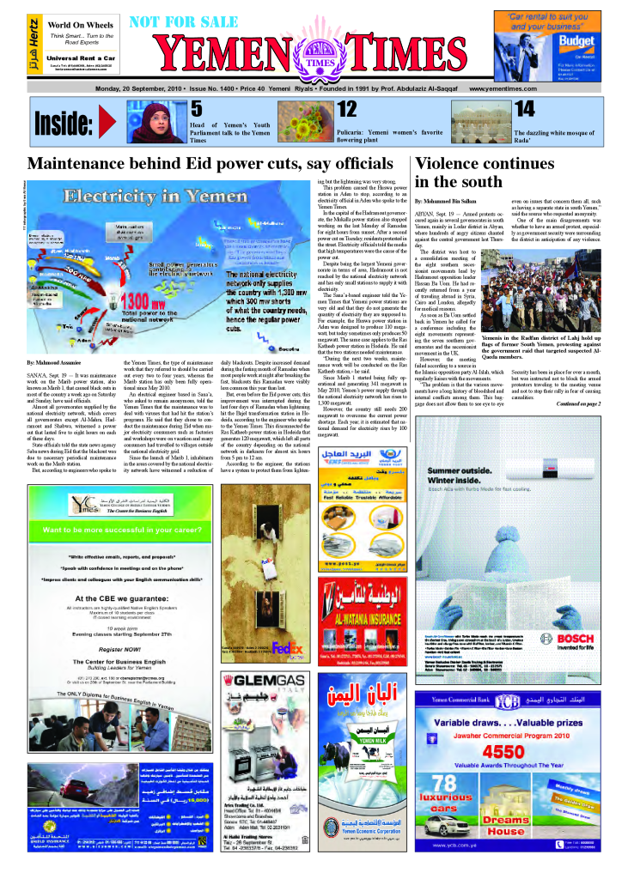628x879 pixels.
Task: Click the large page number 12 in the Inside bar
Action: pyautogui.click(x=346, y=109)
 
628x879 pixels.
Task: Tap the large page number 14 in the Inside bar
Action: pyautogui.click(x=523, y=109)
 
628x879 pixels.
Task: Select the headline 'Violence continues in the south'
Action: pyautogui.click(x=469, y=173)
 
